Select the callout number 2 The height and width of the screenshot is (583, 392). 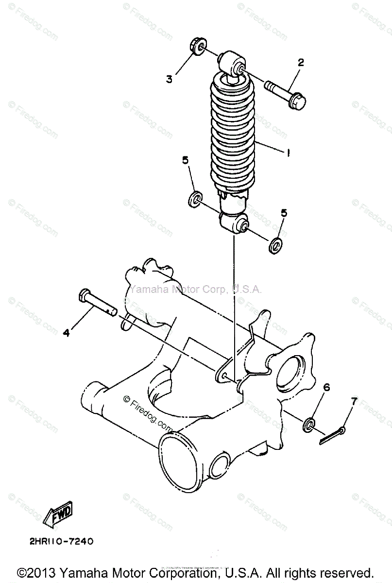(301, 62)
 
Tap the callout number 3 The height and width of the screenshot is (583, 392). (169, 79)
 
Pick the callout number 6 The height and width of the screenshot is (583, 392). (326, 387)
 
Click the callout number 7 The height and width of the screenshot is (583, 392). (354, 401)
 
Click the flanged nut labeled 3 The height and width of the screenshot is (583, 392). (197, 47)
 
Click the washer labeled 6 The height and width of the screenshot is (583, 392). (309, 425)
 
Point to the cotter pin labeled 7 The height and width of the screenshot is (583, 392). (332, 435)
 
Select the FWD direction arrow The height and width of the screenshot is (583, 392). (58, 514)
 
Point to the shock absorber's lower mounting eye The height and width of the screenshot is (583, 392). (233, 223)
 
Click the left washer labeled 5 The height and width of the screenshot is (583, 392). (195, 199)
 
